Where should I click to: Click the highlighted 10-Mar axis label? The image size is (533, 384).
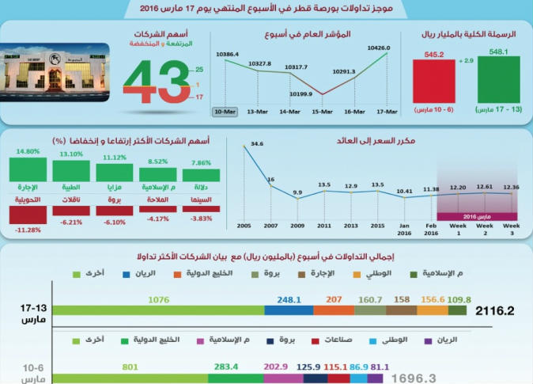tap(225, 112)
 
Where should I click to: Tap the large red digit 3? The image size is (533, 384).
tap(171, 82)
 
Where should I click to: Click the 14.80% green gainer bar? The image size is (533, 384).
tap(27, 169)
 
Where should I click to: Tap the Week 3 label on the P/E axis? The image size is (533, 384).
tap(512, 229)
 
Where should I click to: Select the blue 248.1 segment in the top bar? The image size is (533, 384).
tap(289, 310)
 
